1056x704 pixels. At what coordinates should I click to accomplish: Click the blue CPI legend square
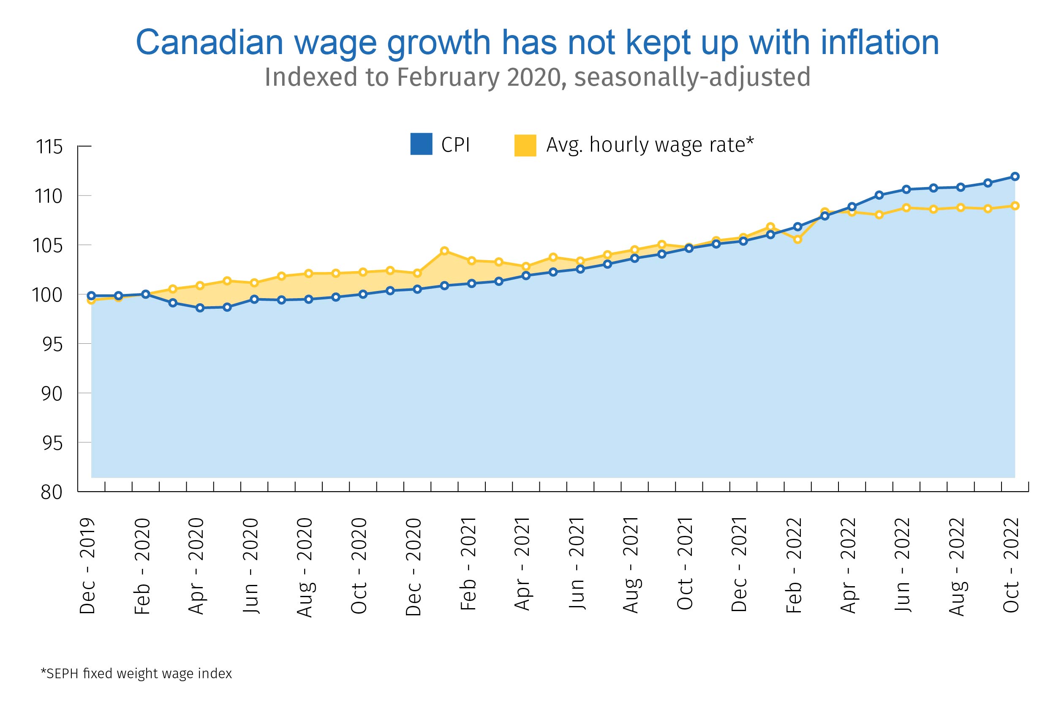pos(421,144)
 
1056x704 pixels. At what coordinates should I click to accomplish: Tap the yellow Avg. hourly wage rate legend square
pos(525,145)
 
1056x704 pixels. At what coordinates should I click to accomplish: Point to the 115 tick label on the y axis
pos(49,147)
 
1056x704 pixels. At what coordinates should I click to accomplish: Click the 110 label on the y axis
pos(49,196)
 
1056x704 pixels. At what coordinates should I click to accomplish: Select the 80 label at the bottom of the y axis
pos(51,492)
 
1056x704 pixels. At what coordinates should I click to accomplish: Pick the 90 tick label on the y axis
pos(51,394)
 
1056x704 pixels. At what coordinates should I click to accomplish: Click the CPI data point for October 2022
pos(1015,177)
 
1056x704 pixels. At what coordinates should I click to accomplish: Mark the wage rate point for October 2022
pos(1015,206)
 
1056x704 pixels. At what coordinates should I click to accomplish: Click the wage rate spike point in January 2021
pos(444,250)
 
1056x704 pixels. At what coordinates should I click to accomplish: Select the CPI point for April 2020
pos(200,307)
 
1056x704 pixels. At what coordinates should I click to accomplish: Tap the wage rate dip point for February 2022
pos(797,239)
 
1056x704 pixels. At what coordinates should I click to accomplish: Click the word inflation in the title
pos(880,43)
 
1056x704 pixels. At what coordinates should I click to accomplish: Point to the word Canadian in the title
pos(209,43)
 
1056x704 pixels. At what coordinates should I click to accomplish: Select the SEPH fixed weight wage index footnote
pos(136,674)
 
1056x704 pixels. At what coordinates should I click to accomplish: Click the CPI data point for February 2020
pos(145,294)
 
